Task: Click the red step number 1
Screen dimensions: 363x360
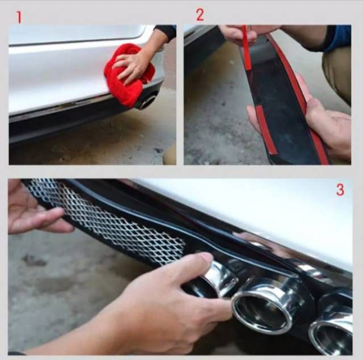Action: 19,18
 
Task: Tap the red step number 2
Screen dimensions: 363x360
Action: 200,15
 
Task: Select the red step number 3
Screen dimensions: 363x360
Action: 340,190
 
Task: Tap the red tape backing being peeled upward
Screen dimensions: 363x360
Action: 246,48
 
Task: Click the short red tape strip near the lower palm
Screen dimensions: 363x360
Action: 266,129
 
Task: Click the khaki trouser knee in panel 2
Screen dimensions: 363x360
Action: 337,74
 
